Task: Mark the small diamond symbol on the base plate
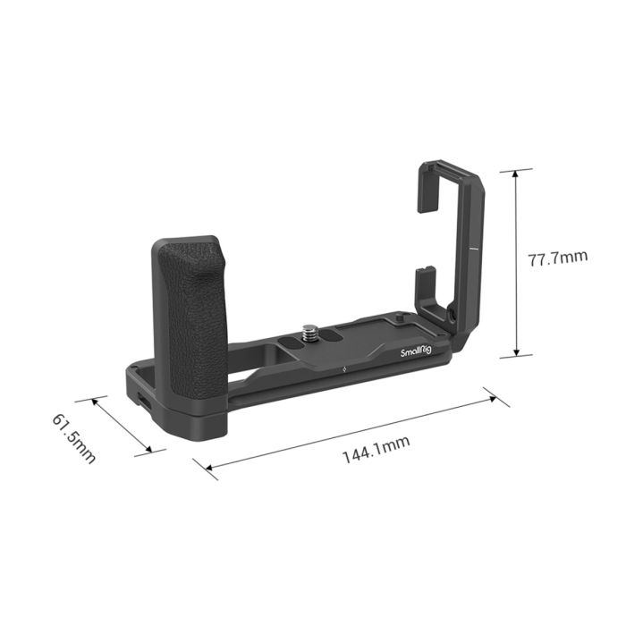pyautogui.click(x=343, y=368)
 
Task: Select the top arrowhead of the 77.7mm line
pyautogui.click(x=516, y=173)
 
